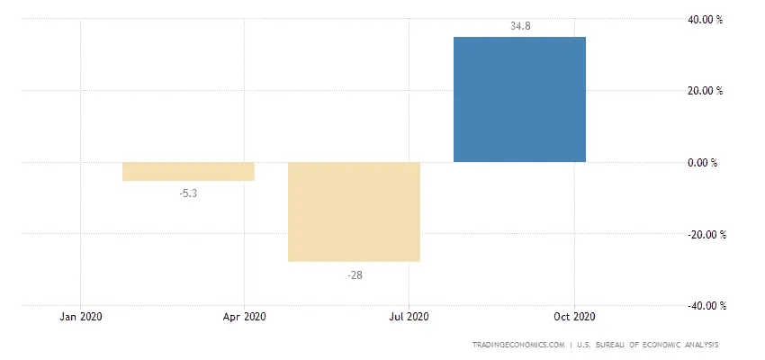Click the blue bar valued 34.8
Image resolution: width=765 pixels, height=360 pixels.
519,100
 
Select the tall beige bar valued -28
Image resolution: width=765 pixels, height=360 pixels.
355,211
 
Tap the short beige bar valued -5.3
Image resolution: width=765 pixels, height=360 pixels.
188,171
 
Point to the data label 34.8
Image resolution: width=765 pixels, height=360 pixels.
520,26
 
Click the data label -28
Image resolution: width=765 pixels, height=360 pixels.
355,275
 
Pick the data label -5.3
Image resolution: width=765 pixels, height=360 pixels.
188,193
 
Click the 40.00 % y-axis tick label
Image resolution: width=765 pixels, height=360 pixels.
706,20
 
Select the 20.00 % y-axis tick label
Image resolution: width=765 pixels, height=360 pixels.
706,91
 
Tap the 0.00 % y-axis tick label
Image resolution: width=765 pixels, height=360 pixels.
703,163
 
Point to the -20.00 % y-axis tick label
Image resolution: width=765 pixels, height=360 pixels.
706,235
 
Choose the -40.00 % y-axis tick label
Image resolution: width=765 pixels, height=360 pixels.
706,306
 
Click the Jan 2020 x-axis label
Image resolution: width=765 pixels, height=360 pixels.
81,317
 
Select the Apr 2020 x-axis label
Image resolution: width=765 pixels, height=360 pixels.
245,317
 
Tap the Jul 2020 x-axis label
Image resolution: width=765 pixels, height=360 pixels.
409,317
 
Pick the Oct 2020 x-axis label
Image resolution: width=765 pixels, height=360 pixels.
575,317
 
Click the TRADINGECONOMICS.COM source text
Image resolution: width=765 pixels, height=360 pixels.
518,345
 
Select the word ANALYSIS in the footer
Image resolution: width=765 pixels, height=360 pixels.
700,345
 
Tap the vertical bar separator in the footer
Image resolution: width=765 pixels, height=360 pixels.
571,345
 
